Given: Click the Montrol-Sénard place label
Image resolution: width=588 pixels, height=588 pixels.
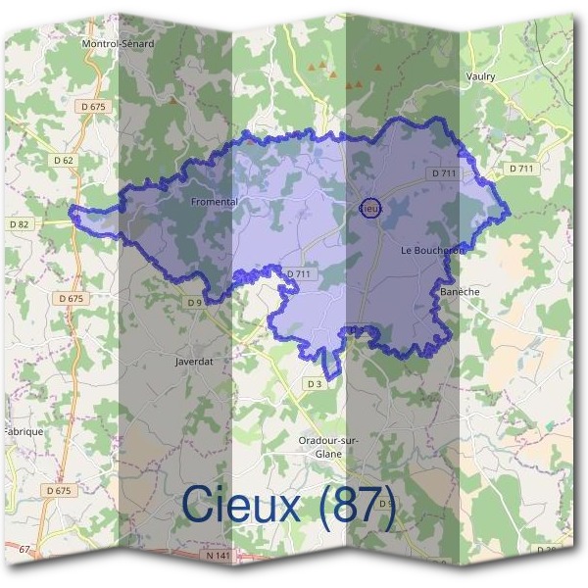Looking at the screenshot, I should (120, 44).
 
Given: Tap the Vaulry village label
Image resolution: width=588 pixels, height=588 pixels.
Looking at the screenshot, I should (481, 76).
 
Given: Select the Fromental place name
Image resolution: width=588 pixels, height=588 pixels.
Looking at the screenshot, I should (216, 202).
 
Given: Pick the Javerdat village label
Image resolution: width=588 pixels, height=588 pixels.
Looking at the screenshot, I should (193, 361).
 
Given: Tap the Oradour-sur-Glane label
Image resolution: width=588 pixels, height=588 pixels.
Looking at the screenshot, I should (328, 447).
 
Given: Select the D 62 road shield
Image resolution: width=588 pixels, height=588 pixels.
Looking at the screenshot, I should (65, 160).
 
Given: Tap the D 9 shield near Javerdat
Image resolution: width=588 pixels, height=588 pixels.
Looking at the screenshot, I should (194, 303).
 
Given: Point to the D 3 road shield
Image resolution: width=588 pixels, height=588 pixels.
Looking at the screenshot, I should (314, 384).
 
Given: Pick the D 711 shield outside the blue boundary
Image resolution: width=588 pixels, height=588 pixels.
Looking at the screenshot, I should (521, 169).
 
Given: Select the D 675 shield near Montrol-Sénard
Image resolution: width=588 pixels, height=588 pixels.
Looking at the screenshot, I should (93, 105).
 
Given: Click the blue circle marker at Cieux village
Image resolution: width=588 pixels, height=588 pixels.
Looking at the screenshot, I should (369, 209).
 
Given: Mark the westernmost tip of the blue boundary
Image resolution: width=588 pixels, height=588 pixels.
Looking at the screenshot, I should (70, 209).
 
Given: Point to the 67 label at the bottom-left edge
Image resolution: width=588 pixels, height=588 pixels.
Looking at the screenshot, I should (25, 549).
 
